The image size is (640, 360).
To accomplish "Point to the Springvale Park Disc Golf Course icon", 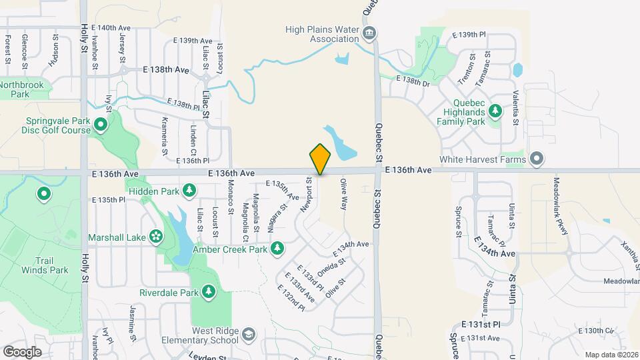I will pyautogui.click(x=101, y=124).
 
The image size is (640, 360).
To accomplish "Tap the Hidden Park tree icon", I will pyautogui.click(x=190, y=191).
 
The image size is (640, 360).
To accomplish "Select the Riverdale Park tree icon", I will pyautogui.click(x=209, y=292).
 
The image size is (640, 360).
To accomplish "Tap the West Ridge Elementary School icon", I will pyautogui.click(x=249, y=334).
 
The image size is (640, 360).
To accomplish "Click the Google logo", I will pyautogui.click(x=22, y=351).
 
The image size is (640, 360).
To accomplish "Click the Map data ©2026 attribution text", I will pyautogui.click(x=610, y=354).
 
